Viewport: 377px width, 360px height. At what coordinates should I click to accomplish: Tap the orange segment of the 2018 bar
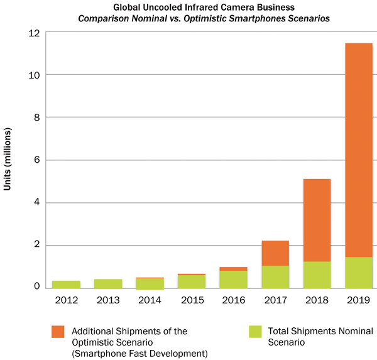coord(317,220)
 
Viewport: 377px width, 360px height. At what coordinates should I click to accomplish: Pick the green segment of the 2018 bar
coord(317,275)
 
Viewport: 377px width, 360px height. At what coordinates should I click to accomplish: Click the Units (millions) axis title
coord(9,160)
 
